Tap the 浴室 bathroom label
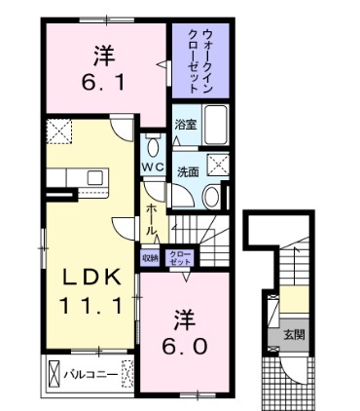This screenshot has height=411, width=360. click(186, 125)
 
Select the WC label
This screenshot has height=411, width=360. click(154, 166)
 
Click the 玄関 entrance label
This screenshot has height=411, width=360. click(292, 336)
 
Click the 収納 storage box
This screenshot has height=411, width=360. click(149, 258)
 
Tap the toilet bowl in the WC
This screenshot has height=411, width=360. click(154, 147)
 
